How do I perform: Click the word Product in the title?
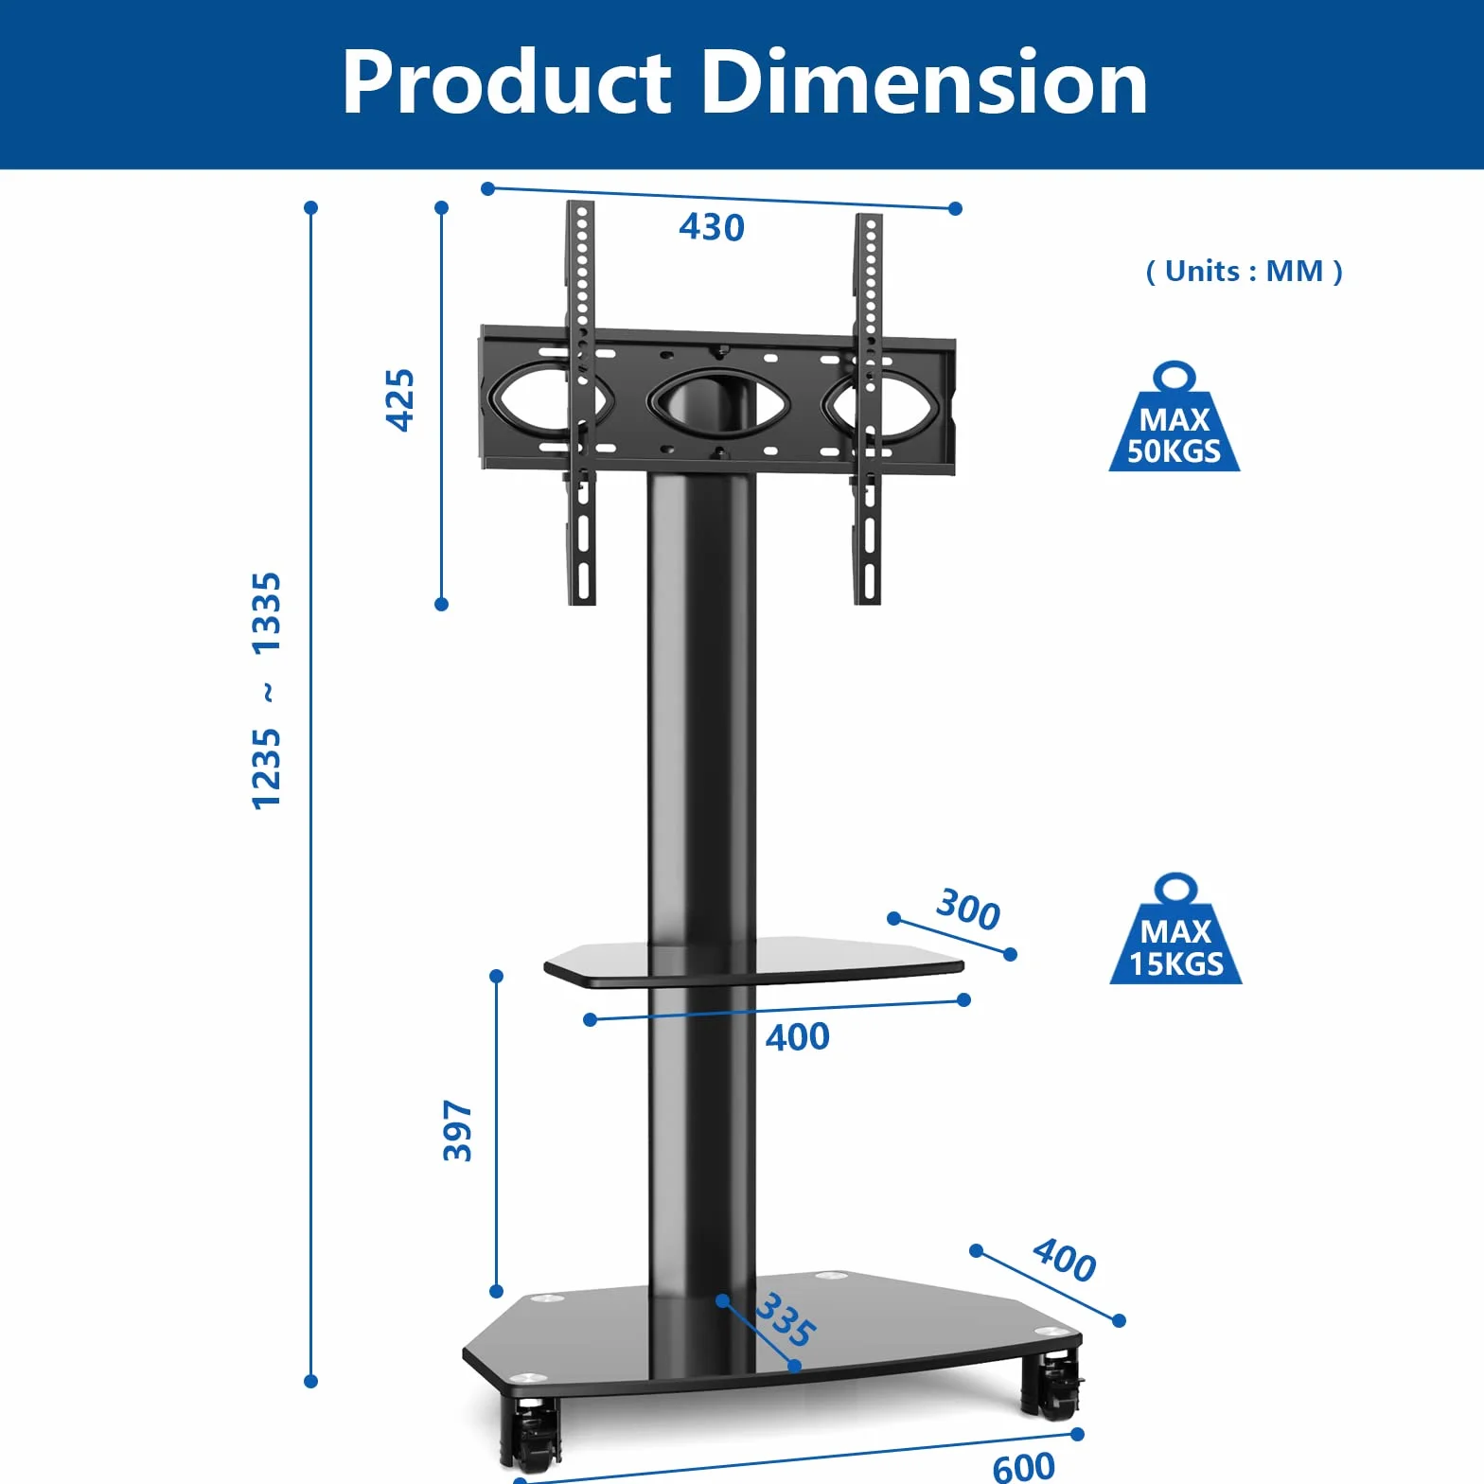pyautogui.click(x=507, y=82)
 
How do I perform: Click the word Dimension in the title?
pyautogui.click(x=925, y=82)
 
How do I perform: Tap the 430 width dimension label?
pyautogui.click(x=712, y=227)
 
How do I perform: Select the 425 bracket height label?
pyautogui.click(x=399, y=400)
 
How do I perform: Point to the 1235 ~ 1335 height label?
pyautogui.click(x=266, y=691)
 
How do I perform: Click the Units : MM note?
pyautogui.click(x=1244, y=272)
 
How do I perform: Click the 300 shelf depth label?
pyautogui.click(x=968, y=910)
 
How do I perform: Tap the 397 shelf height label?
pyautogui.click(x=458, y=1130)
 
